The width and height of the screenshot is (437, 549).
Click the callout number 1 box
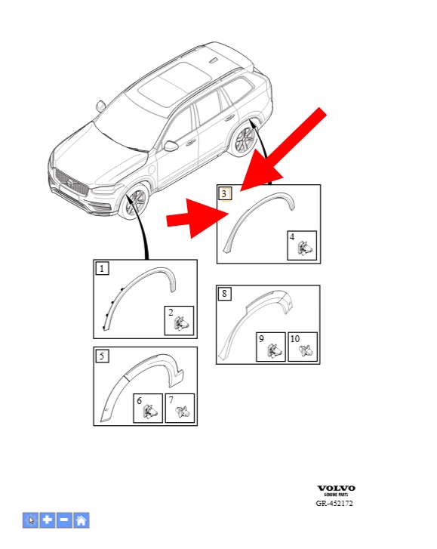click(x=102, y=269)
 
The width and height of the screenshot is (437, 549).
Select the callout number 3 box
click(x=225, y=193)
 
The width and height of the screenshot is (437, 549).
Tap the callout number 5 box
click(x=102, y=356)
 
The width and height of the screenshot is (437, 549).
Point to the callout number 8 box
click(x=225, y=294)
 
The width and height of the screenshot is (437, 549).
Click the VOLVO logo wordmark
click(x=336, y=488)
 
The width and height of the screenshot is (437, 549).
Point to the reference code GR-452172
click(x=334, y=504)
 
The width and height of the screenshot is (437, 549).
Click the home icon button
click(x=82, y=520)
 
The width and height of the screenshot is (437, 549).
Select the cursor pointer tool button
click(x=30, y=520)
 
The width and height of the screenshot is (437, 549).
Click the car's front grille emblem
click(x=70, y=183)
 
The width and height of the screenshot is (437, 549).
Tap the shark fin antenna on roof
click(x=214, y=60)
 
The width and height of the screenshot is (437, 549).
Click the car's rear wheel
click(x=244, y=139)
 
